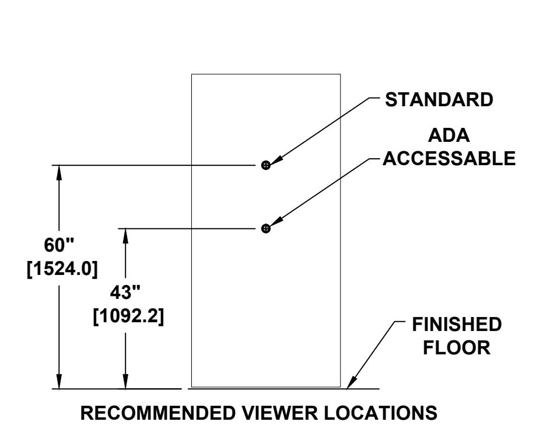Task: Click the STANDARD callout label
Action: click(x=439, y=100)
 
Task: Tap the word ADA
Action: click(x=449, y=135)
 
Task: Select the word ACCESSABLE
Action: click(x=449, y=159)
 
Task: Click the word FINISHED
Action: click(x=457, y=325)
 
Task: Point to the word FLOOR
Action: click(x=457, y=347)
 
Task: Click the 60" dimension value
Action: click(x=59, y=245)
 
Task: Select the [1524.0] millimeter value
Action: click(x=62, y=269)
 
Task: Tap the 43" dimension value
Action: click(x=125, y=292)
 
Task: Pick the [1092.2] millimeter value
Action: click(x=128, y=316)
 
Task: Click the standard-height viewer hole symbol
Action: click(x=266, y=165)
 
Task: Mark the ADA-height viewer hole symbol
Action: click(x=266, y=228)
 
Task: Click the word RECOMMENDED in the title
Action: click(x=157, y=413)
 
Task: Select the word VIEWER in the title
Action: click(x=279, y=413)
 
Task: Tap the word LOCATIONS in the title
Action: click(x=381, y=413)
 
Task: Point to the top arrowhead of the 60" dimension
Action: click(x=59, y=172)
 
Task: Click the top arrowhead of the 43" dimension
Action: click(x=125, y=235)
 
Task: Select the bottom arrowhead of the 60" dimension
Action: click(x=59, y=381)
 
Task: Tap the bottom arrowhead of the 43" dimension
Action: click(x=125, y=381)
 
